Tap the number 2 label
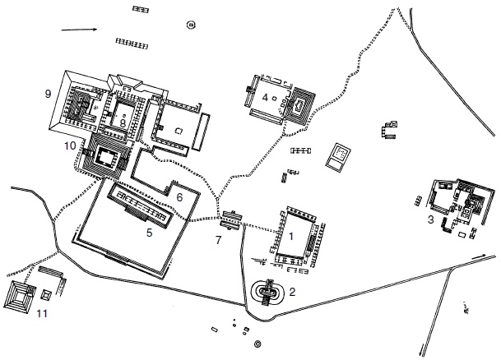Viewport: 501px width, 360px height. tap(292, 292)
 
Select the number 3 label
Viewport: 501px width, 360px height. tap(431, 219)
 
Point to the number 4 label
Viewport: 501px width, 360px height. tap(266, 99)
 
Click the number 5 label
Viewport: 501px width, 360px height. tap(150, 233)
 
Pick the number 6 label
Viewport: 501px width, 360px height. tap(179, 196)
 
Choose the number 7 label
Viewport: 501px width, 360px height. tap(218, 241)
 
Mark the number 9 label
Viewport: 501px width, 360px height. tap(49, 94)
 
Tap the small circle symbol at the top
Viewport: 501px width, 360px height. tap(192, 25)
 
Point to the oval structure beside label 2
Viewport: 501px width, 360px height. tap(267, 291)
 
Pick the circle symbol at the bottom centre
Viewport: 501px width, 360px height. tap(258, 344)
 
